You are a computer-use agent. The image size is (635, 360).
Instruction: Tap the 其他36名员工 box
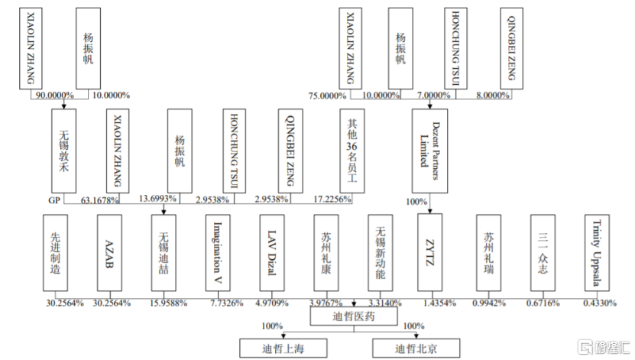(352, 149)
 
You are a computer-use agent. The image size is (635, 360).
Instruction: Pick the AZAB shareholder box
(109, 252)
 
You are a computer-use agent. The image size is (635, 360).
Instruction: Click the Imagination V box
(218, 252)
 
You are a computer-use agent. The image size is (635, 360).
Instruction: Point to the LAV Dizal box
(272, 252)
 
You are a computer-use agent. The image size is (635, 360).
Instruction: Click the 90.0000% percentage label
(53, 96)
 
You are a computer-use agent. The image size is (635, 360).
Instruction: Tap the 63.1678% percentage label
(99, 199)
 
